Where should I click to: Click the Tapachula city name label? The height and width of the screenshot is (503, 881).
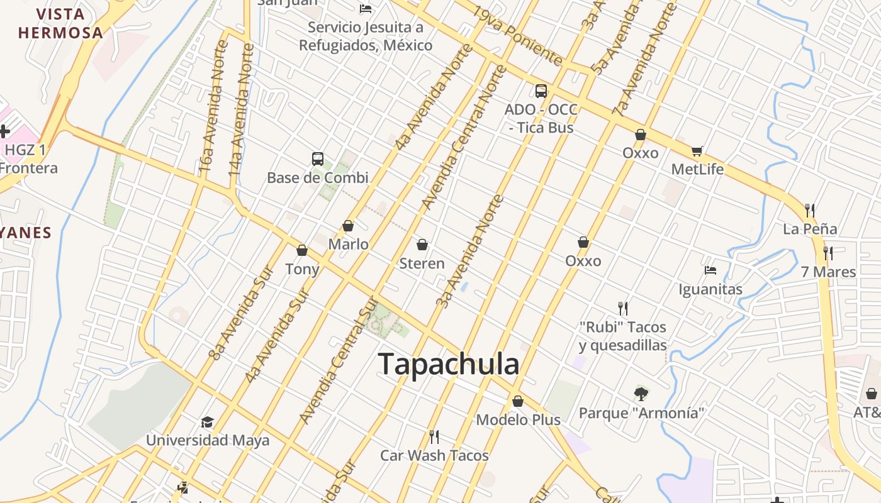[x=449, y=364]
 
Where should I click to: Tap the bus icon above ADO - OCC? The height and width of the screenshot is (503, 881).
[x=541, y=91]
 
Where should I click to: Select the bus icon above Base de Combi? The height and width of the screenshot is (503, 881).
[x=318, y=159]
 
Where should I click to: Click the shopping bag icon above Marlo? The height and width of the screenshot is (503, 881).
[x=348, y=226]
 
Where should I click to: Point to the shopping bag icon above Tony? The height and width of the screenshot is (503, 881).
[x=302, y=250]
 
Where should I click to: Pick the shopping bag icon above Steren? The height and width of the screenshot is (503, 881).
[x=422, y=245]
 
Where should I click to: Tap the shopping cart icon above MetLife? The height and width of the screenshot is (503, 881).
[x=697, y=151]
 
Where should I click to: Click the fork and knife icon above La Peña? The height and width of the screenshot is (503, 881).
[x=810, y=210]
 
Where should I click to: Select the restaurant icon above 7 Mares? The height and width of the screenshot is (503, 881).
[x=828, y=253]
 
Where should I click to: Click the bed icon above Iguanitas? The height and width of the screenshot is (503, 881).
[x=710, y=270]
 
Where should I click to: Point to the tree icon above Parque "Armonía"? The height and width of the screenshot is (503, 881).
[x=641, y=394]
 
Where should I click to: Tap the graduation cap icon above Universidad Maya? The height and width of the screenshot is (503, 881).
[x=207, y=422]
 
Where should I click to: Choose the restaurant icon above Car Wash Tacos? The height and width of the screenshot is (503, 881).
[x=434, y=436]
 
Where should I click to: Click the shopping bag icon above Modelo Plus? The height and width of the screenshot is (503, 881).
[x=518, y=401]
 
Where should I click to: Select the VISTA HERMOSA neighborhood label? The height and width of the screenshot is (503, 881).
[x=60, y=23]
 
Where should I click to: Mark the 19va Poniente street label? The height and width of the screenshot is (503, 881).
[x=517, y=36]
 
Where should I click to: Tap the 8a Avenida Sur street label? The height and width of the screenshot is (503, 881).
[x=241, y=313]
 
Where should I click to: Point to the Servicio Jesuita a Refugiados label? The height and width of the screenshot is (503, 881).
[x=366, y=36]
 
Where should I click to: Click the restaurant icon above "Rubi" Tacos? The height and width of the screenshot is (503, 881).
[x=623, y=308]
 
